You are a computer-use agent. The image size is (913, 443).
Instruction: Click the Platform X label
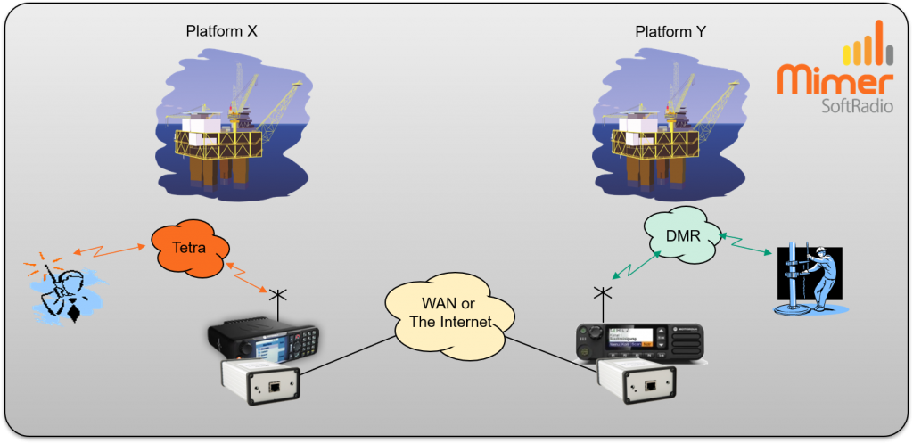tap(222, 31)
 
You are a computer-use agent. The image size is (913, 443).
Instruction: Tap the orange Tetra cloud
tap(189, 249)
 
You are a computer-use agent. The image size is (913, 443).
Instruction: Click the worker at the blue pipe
tap(810, 278)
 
